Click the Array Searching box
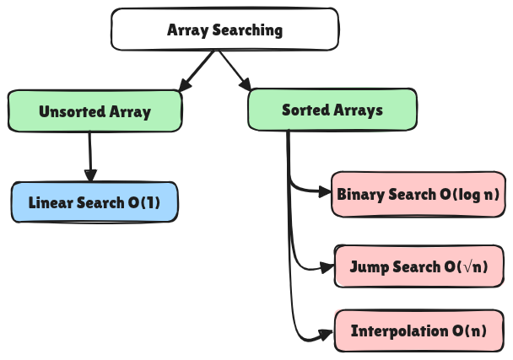pyautogui.click(x=224, y=30)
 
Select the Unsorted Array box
pyautogui.click(x=94, y=111)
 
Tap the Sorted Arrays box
pyautogui.click(x=332, y=110)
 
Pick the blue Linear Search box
pyautogui.click(x=94, y=202)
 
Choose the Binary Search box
pyautogui.click(x=418, y=194)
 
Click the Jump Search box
pyautogui.click(x=418, y=266)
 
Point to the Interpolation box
pyautogui.click(x=418, y=330)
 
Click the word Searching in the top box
pyautogui.click(x=247, y=30)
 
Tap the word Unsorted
pyautogui.click(x=72, y=111)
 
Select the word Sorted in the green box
pyautogui.click(x=305, y=110)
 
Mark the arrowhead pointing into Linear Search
pyautogui.click(x=90, y=175)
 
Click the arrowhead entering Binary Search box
pyautogui.click(x=325, y=192)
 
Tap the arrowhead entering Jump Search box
pyautogui.click(x=327, y=268)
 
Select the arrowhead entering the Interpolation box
pyautogui.click(x=327, y=335)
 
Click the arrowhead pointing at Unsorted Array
pyautogui.click(x=185, y=85)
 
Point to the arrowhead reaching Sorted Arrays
pyautogui.click(x=246, y=84)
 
